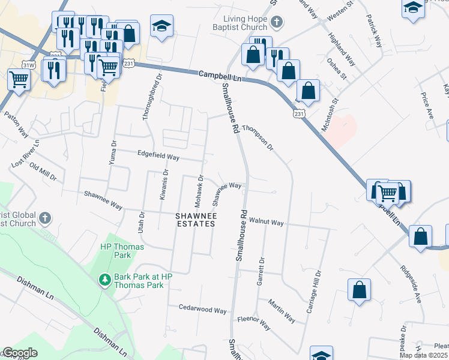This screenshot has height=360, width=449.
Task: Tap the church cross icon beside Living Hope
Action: [x=276, y=23]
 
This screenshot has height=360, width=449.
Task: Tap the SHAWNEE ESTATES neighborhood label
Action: [x=195, y=220]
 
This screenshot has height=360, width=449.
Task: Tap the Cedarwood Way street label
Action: [x=203, y=310]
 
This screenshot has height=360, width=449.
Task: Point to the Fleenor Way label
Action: [x=254, y=322]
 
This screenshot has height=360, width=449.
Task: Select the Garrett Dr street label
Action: [x=261, y=272]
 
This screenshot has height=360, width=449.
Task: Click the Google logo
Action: [x=20, y=353]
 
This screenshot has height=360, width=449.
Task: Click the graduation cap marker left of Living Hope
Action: [x=161, y=26]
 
